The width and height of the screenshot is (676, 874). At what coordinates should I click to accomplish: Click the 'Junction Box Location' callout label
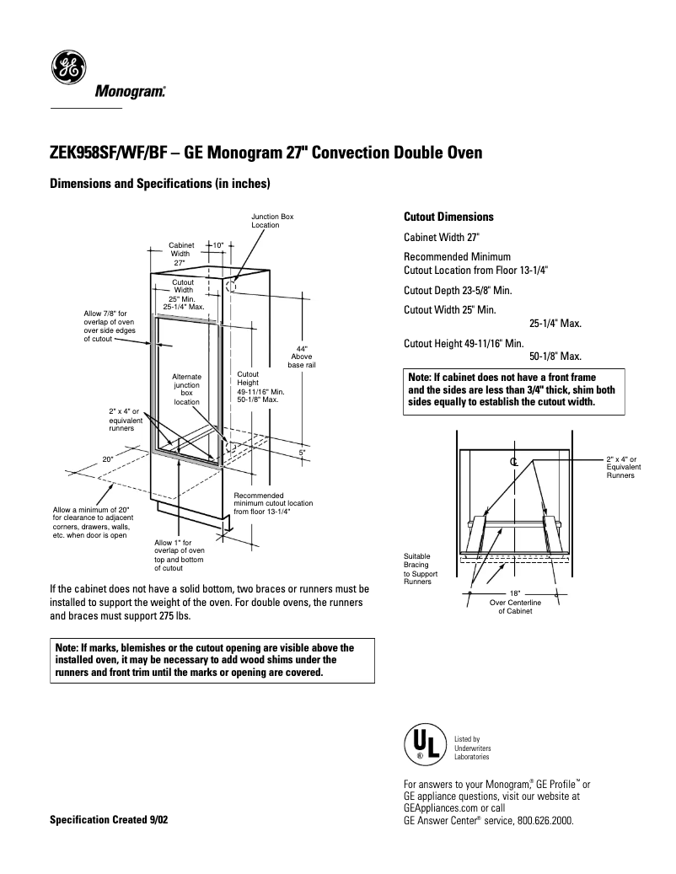pyautogui.click(x=272, y=221)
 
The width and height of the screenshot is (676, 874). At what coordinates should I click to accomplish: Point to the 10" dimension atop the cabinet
pyautogui.click(x=217, y=245)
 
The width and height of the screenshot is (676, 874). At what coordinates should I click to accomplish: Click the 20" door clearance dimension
pyautogui.click(x=108, y=458)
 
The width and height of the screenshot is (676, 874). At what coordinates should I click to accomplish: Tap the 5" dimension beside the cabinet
pyautogui.click(x=302, y=453)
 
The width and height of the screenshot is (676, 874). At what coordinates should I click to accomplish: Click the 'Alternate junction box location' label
pyautogui.click(x=187, y=389)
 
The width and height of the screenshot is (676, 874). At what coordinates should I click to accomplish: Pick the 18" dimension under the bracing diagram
pyautogui.click(x=515, y=593)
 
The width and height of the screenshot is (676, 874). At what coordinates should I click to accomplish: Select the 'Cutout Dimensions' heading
pyautogui.click(x=448, y=217)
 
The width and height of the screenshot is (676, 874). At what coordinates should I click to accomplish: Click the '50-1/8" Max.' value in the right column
pyautogui.click(x=555, y=357)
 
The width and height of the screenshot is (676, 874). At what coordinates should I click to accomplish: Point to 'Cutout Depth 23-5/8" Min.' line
pyautogui.click(x=458, y=290)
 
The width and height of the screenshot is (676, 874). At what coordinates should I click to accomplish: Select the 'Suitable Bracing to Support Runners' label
pyautogui.click(x=418, y=569)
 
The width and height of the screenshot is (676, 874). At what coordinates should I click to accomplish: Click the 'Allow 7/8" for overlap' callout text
pyautogui.click(x=110, y=326)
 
